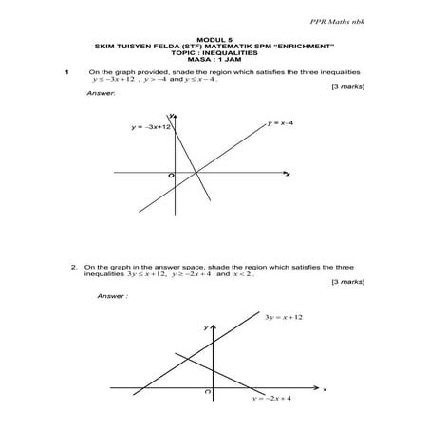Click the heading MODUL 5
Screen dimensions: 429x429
coord(214,40)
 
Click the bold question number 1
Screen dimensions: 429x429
coord(66,71)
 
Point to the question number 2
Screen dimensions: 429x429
coord(74,268)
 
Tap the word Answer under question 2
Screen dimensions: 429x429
coord(111,296)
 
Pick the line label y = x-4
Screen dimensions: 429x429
coord(287,123)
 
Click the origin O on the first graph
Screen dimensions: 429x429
coord(172,177)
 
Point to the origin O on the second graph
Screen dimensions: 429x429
coord(207,391)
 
